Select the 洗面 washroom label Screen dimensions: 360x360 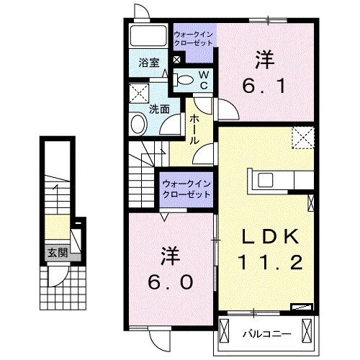(158, 109)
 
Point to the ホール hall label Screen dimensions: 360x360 (194, 132)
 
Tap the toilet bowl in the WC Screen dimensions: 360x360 (185, 81)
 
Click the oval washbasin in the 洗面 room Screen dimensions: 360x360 (138, 125)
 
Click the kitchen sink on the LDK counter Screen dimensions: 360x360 (262, 179)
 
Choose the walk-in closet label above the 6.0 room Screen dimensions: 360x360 (186, 189)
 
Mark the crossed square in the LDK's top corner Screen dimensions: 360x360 (303, 136)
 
